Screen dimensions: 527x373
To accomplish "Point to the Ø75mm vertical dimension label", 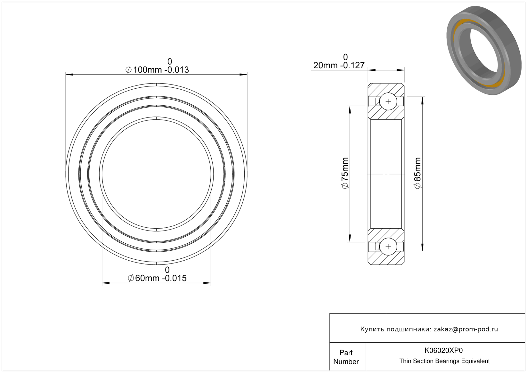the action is (345, 173).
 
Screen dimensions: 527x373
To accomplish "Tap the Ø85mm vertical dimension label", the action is (418, 173).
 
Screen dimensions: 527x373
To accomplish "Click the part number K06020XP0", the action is (443, 350).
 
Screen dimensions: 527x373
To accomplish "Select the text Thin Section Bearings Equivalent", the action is (444, 361).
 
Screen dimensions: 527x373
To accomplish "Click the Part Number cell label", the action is (346, 357).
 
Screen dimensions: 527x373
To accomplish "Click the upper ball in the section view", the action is (388, 101).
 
